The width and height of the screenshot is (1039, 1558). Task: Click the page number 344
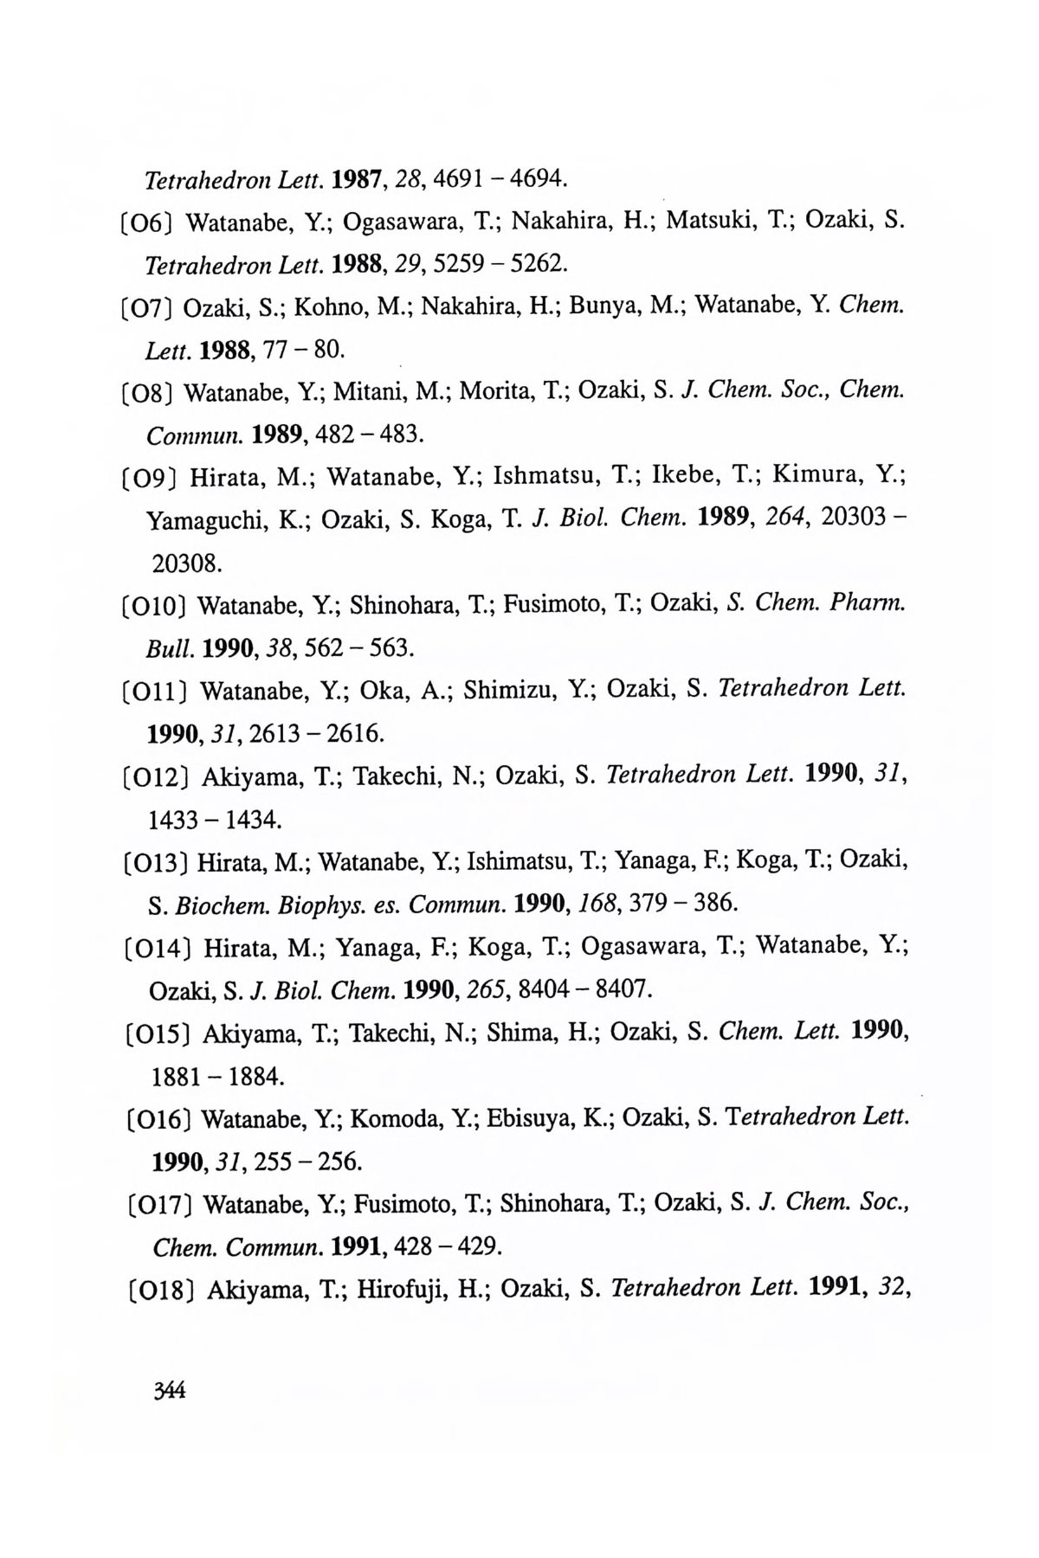(169, 1391)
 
